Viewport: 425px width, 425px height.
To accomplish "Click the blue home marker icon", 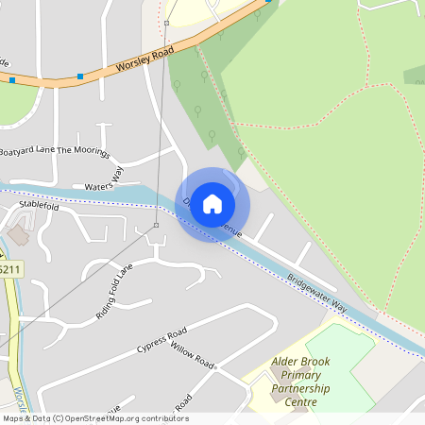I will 212,203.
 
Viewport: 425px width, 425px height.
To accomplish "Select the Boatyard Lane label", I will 26,151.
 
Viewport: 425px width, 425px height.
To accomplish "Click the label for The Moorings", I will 84,151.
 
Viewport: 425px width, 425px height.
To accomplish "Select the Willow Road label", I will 194,355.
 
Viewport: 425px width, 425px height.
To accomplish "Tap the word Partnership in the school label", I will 305,388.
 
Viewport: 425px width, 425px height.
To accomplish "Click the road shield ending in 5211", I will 9,270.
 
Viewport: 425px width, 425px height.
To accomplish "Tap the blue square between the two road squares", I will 80,76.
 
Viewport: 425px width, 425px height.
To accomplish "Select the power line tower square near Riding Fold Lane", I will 156,226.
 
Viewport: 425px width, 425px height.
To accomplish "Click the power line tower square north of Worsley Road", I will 166,21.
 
